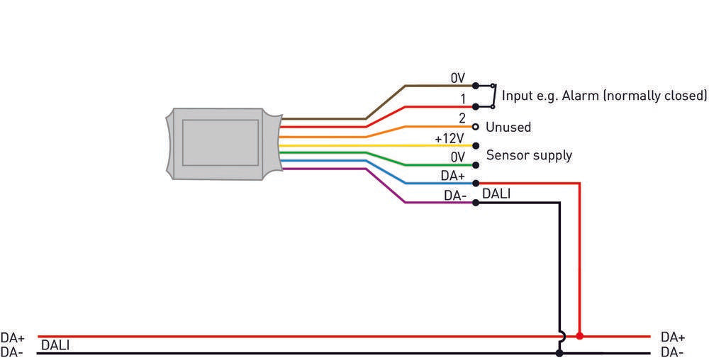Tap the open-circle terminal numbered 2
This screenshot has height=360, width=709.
[476, 127]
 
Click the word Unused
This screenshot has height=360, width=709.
[508, 128]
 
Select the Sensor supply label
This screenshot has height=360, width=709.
[528, 155]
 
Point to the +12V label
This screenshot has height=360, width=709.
[449, 137]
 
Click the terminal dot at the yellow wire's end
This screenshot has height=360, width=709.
[476, 145]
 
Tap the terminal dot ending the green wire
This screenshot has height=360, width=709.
[476, 164]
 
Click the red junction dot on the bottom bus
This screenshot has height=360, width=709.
[579, 336]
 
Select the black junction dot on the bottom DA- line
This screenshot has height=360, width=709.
[559, 352]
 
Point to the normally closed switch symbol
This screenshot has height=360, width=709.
[491, 96]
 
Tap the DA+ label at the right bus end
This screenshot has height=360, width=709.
[672, 337]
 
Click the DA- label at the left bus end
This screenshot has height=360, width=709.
[12, 352]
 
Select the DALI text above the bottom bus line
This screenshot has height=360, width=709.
[55, 345]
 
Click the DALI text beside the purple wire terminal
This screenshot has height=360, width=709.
[496, 193]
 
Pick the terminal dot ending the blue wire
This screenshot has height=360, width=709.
[476, 183]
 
